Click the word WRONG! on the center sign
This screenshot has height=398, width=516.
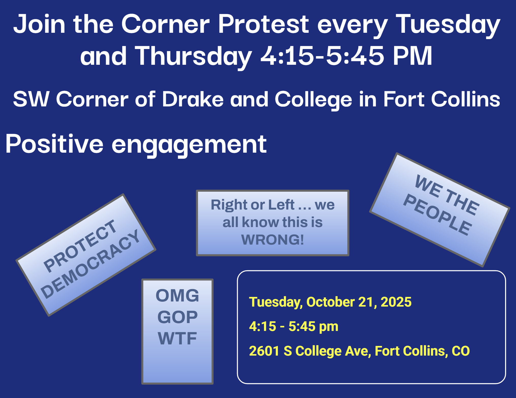click(273, 240)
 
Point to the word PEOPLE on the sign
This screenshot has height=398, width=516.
click(437, 215)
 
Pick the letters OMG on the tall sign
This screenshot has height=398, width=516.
click(177, 296)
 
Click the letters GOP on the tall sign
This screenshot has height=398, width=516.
click(177, 317)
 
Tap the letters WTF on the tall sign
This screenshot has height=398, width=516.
click(177, 338)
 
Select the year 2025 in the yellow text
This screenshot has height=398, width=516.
click(396, 302)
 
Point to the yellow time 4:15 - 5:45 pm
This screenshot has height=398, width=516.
click(294, 327)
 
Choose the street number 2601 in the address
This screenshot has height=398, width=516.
click(264, 351)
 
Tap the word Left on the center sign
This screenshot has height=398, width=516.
click(281, 205)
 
